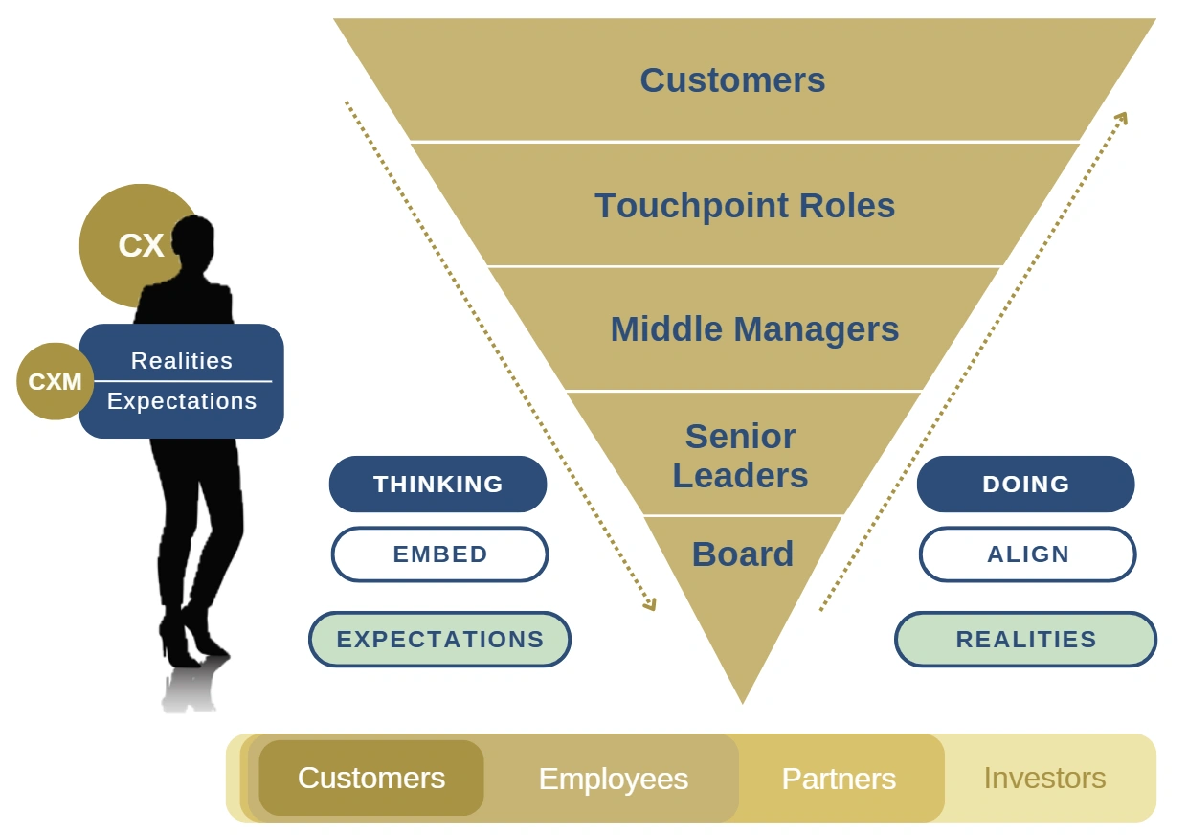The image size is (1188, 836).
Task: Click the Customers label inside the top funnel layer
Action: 732,80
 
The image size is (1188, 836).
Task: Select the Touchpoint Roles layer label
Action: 745,206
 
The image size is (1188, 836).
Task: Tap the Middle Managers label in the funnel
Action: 754,329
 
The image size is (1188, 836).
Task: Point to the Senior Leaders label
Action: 740,456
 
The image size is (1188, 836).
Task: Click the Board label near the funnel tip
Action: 743,554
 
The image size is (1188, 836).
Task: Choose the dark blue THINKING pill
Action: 437,485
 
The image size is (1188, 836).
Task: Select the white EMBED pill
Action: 439,554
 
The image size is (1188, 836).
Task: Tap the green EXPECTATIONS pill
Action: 439,640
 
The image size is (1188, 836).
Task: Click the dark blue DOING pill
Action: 1025,485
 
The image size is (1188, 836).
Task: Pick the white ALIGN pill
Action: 1027,554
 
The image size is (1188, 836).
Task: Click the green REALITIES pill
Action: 1025,640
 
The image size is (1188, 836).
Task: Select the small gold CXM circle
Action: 55,382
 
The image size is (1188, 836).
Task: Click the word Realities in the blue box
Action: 182,361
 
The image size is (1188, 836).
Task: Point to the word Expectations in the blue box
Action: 182,401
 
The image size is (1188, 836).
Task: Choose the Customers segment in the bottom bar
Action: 371,779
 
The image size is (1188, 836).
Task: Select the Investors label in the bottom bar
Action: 1044,779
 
